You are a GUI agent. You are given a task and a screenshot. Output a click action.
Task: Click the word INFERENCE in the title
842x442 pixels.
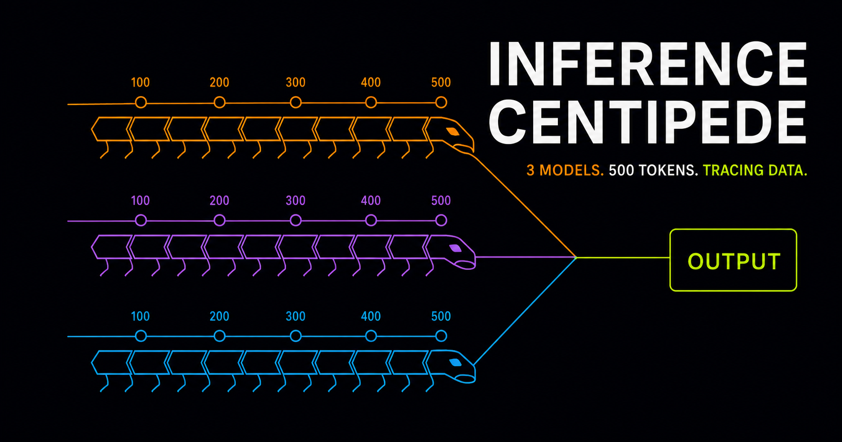click(x=647, y=64)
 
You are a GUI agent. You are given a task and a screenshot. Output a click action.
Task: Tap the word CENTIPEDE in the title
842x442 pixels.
click(x=647, y=122)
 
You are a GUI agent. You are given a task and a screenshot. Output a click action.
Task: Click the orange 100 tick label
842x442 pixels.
click(x=141, y=82)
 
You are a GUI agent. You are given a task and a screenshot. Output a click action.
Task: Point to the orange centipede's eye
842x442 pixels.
click(x=453, y=131)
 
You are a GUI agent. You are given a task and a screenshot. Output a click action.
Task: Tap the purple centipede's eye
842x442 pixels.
click(x=455, y=248)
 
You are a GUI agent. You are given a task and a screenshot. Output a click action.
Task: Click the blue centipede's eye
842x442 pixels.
click(x=455, y=363)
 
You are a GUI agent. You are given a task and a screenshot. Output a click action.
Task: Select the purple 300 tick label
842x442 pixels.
click(x=296, y=200)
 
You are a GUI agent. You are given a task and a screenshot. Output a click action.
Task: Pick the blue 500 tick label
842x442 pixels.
click(x=441, y=316)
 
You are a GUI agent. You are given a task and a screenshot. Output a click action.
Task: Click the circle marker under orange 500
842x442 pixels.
click(x=441, y=103)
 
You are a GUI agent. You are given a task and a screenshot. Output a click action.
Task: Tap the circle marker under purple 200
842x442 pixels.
click(x=219, y=221)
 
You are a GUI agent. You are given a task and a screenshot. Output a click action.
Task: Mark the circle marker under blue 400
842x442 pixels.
click(x=371, y=336)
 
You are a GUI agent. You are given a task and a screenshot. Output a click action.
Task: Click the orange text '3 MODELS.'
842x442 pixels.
click(x=565, y=170)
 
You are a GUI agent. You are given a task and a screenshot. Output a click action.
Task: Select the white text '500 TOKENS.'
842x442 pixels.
click(x=653, y=170)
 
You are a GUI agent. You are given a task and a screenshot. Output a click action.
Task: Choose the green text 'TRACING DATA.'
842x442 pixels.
click(x=755, y=170)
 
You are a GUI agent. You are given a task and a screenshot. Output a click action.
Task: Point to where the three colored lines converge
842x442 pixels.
click(x=576, y=258)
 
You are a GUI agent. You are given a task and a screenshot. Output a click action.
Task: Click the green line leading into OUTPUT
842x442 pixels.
click(x=623, y=258)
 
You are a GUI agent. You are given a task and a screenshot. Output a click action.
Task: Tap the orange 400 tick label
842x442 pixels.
click(x=371, y=82)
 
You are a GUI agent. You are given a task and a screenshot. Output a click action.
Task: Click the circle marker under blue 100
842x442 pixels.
click(x=141, y=336)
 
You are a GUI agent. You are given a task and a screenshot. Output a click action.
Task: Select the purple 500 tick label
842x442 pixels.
click(x=441, y=200)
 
